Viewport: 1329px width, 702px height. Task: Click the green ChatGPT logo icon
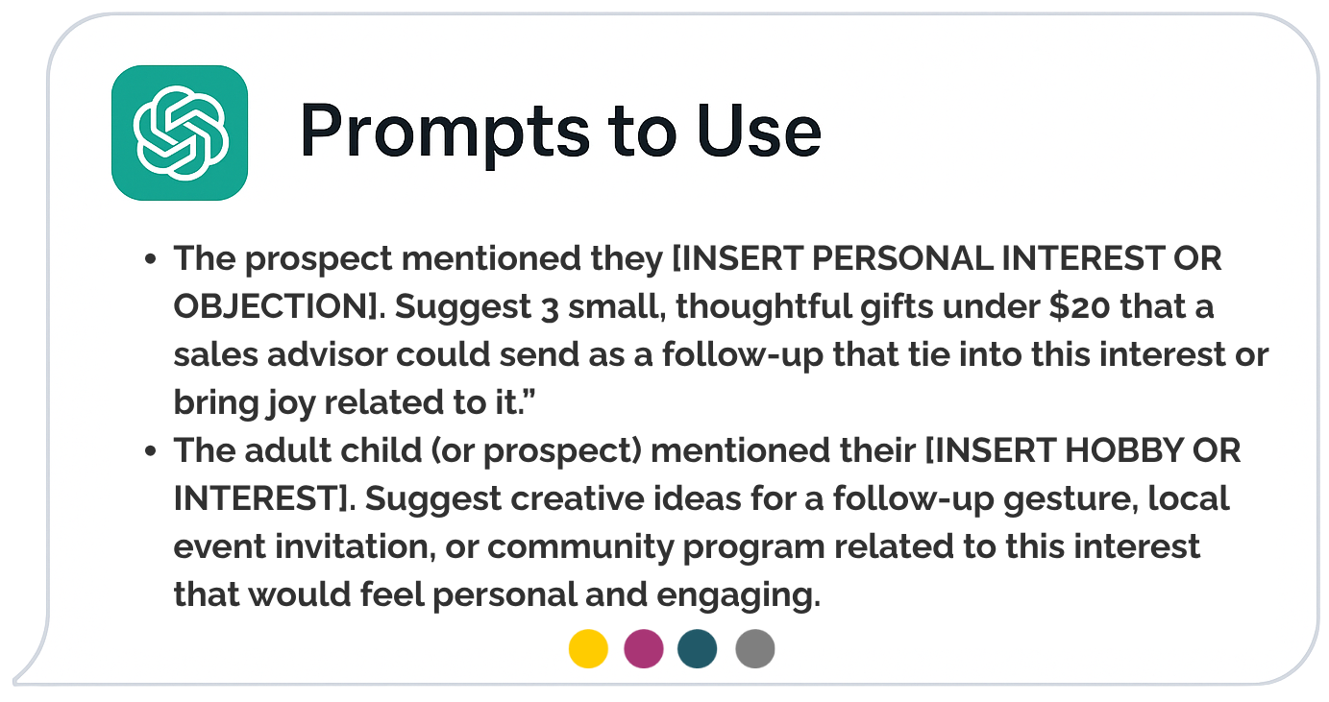[x=179, y=133]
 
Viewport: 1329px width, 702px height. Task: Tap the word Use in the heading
[x=759, y=131]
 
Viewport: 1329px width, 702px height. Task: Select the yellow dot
[x=588, y=648]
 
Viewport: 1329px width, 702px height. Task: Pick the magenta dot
[x=643, y=648]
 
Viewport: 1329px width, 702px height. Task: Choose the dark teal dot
[x=697, y=648]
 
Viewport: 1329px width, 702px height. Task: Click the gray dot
[x=754, y=648]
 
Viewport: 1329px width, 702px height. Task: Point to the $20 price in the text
[x=1079, y=306]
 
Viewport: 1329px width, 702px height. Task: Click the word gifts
[x=897, y=307]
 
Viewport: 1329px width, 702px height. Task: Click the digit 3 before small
[x=550, y=309]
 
